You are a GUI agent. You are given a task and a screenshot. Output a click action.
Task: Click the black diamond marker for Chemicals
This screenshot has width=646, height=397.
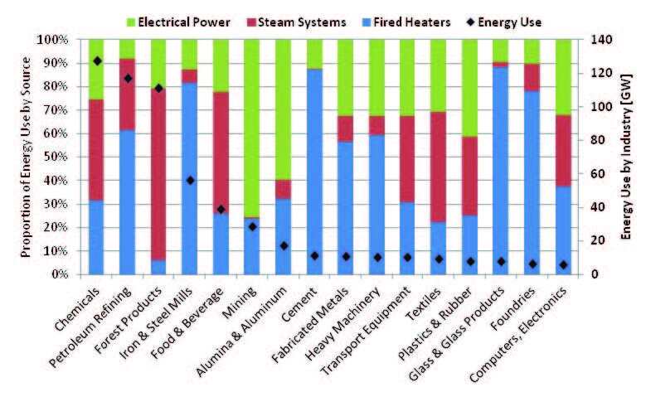[97, 61]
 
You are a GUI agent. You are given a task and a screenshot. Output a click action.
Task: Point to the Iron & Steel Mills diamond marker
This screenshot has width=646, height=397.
[190, 180]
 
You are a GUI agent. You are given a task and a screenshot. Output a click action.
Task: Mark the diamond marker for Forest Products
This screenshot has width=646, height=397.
[159, 88]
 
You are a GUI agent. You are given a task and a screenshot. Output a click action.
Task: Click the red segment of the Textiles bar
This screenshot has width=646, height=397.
[438, 167]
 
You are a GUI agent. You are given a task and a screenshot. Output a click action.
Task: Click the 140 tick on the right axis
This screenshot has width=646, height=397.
[600, 40]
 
